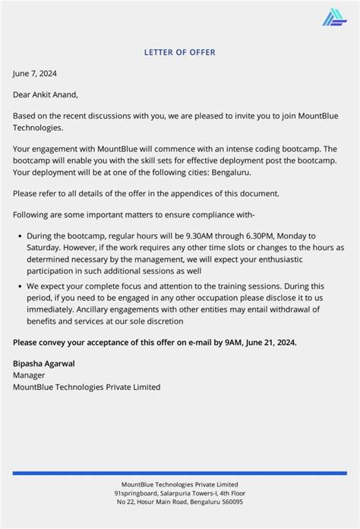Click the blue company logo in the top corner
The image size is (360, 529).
click(x=333, y=17)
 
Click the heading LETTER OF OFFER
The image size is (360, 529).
click(x=180, y=52)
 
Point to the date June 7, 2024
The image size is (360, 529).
click(x=35, y=74)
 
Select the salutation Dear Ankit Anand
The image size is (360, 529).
click(x=45, y=95)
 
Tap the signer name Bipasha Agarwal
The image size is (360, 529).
click(x=43, y=363)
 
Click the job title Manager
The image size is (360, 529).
click(x=29, y=375)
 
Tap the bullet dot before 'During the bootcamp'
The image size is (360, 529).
click(x=18, y=236)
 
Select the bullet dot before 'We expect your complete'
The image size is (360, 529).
click(x=18, y=287)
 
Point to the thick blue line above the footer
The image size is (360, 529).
click(x=180, y=473)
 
